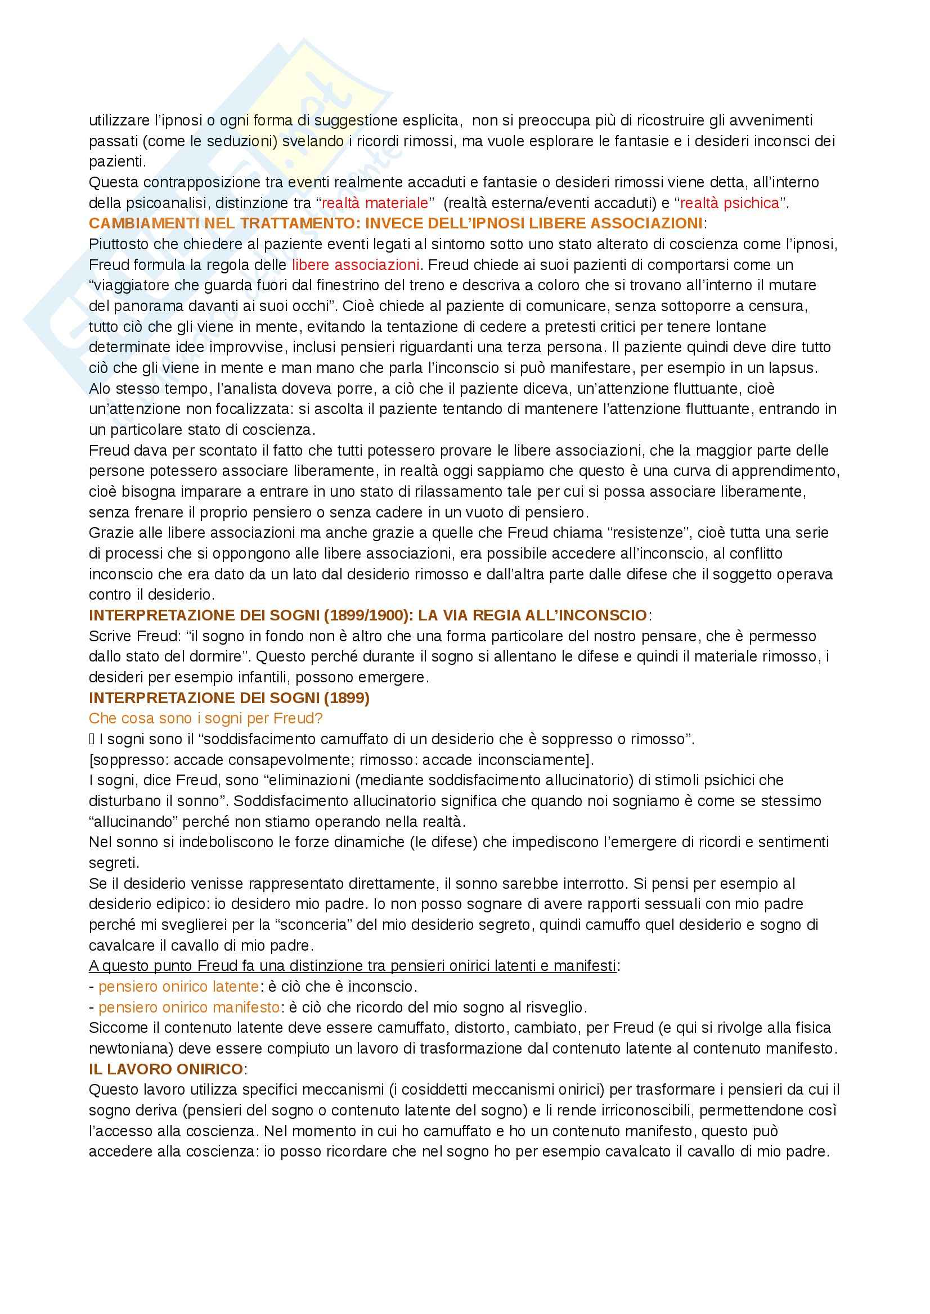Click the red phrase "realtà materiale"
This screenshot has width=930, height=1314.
(375, 202)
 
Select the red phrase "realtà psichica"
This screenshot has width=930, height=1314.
(730, 202)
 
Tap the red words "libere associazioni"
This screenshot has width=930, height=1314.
(355, 265)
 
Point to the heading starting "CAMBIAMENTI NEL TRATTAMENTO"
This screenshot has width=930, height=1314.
(395, 223)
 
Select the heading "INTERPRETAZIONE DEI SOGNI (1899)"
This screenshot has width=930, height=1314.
(229, 698)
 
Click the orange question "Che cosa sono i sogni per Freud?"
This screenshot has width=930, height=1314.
(205, 718)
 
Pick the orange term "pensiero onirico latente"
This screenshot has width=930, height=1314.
(179, 987)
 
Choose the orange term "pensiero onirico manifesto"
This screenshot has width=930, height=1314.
(189, 1007)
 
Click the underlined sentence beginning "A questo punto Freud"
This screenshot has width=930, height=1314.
(352, 966)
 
